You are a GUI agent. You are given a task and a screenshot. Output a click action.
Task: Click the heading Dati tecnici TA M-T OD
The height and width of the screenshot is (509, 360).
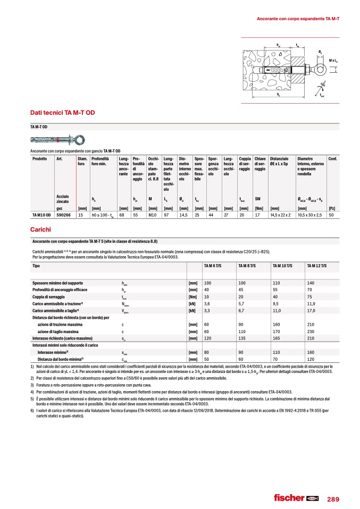tap(63, 113)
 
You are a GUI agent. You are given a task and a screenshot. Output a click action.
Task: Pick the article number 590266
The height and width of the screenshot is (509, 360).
tap(64, 215)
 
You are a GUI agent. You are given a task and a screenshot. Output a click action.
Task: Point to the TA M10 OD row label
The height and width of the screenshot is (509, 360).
tap(41, 215)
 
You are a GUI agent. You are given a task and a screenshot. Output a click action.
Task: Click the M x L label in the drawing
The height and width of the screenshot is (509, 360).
tap(334, 61)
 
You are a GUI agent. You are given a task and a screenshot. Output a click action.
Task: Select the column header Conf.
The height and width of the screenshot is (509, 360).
tap(332, 158)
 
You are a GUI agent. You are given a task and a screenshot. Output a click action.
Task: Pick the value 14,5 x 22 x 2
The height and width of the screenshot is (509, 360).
tap(280, 215)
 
